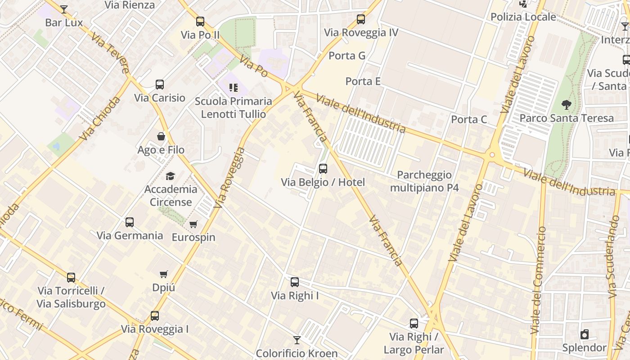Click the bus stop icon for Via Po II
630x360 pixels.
(200, 22)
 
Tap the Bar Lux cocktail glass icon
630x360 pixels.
(64, 9)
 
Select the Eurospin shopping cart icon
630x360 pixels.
(193, 224)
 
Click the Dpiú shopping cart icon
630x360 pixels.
(164, 274)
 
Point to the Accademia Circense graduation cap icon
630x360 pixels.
(170, 176)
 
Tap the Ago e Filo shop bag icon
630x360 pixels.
(161, 136)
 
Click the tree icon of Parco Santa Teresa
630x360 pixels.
(566, 105)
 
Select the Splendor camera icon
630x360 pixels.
(584, 334)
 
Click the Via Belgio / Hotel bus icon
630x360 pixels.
(323, 169)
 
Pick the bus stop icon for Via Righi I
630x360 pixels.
(295, 282)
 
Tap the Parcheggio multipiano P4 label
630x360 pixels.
(424, 181)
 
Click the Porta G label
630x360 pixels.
(347, 56)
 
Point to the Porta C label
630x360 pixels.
(469, 119)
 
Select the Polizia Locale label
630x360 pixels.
(523, 17)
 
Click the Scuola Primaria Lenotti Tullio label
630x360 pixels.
(233, 108)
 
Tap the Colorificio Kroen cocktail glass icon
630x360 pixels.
(297, 340)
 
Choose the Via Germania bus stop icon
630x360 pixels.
(130, 222)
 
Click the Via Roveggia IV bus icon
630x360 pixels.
(361, 19)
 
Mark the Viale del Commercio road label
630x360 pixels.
(538, 280)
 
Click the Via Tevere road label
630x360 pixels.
(110, 52)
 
